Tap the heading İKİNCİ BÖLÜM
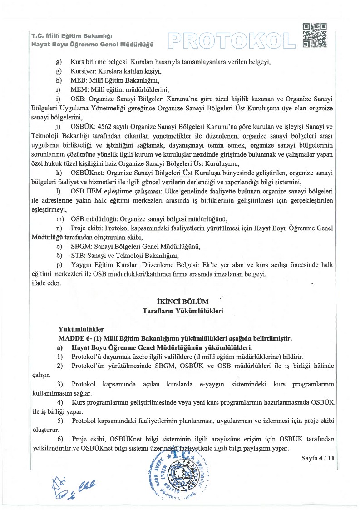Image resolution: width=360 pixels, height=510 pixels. tap(182, 302)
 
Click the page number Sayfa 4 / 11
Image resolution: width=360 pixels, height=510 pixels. tap(318, 458)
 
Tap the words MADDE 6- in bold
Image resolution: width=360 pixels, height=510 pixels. tap(74, 338)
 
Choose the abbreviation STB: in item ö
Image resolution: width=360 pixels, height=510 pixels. tap(79, 256)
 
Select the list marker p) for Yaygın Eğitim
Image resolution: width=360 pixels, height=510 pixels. tap(59, 265)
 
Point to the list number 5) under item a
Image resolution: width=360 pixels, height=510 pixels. tap(60, 421)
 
